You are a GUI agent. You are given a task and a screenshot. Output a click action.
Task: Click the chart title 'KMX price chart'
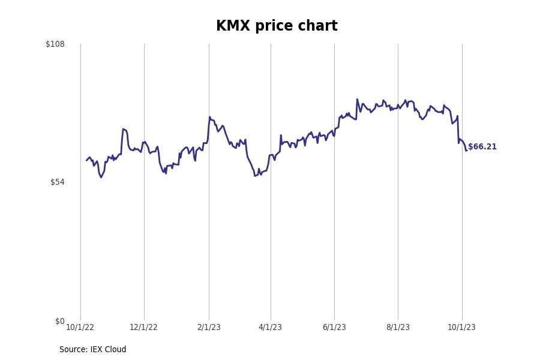tap(277, 26)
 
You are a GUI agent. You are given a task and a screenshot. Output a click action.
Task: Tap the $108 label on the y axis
tap(55, 44)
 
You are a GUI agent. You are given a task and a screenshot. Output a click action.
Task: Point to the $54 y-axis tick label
tap(57, 182)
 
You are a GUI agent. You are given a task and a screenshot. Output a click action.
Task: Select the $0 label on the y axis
tap(59, 322)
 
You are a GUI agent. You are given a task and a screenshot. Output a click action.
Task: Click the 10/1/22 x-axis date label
tap(80, 328)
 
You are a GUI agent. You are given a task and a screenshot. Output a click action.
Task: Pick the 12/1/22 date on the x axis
tap(143, 328)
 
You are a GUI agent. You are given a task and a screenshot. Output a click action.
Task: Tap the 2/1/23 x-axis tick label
tap(209, 328)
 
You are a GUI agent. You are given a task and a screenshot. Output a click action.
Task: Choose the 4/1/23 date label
tap(270, 328)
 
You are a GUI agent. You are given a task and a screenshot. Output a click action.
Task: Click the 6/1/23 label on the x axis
tap(334, 328)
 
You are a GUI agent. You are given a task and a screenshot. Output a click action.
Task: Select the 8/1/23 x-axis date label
tap(398, 328)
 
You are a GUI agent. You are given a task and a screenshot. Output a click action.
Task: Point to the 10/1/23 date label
tap(461, 328)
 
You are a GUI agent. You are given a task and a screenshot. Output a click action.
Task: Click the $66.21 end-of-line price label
tap(482, 147)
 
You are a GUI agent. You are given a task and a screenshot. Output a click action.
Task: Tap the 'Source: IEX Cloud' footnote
tap(92, 350)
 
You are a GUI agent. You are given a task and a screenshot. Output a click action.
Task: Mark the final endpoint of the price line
tap(466, 150)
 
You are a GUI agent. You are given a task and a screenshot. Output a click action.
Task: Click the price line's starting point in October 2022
tap(86, 160)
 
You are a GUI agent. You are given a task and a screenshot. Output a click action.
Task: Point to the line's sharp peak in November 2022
tap(123, 129)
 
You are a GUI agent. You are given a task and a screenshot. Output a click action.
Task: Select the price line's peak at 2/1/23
tap(209, 117)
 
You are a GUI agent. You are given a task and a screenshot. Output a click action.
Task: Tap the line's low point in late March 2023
tap(255, 176)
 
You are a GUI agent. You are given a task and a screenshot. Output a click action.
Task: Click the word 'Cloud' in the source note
tap(115, 350)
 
